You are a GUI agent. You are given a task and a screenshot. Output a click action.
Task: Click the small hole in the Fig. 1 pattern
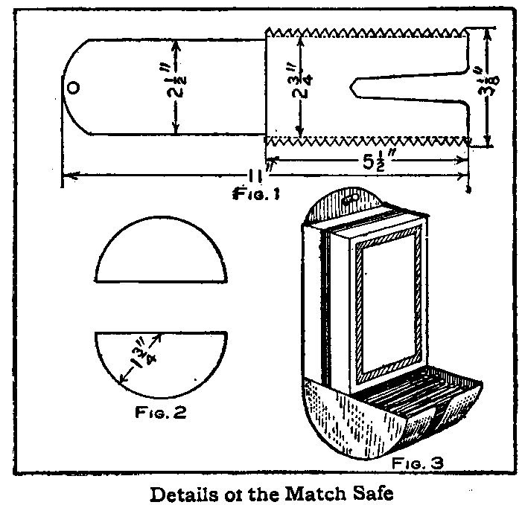73,87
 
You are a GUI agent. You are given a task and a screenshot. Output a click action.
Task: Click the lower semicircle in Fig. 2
159,361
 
